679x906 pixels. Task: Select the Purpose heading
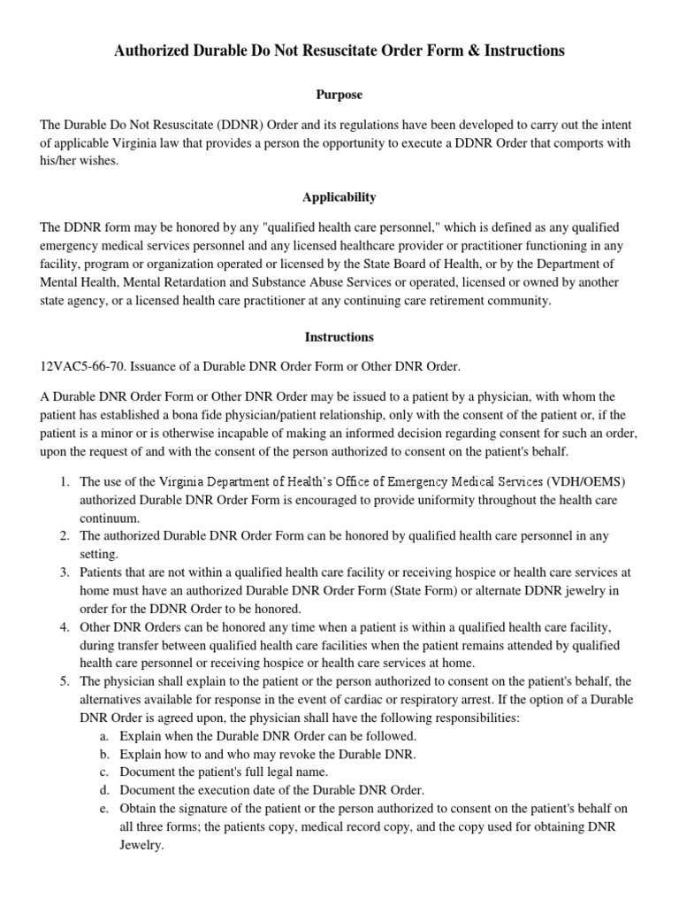(339, 95)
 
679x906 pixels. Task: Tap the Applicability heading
(339, 197)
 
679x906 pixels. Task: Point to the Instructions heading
(339, 337)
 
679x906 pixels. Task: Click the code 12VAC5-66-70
(82, 366)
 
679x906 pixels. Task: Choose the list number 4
(65, 627)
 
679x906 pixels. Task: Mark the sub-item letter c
(104, 772)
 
